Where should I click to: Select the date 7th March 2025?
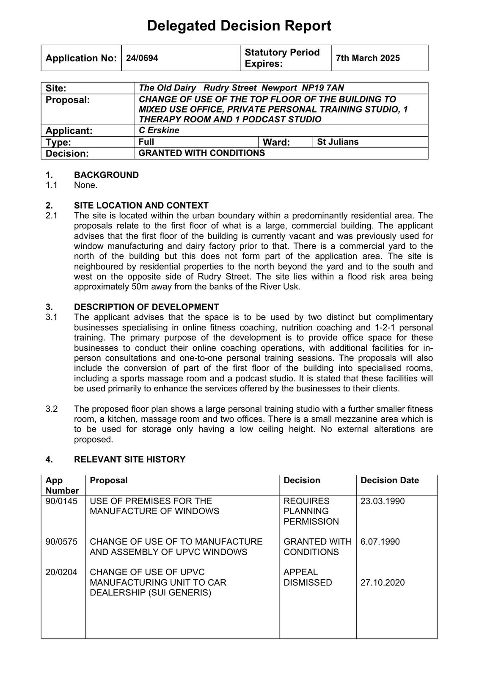368,58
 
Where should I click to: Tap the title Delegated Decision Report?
239,26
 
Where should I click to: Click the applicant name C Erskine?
159,130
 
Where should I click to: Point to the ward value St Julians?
338,142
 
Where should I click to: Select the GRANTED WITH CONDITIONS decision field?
201,153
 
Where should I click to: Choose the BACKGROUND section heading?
106,175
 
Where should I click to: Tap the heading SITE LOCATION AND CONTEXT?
141,205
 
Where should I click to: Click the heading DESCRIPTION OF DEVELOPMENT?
146,307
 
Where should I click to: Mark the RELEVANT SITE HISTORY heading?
129,459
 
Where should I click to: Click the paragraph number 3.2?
52,409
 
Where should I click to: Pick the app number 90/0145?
62,501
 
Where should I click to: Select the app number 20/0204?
62,572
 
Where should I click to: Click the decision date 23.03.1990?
383,501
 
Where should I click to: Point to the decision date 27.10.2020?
383,582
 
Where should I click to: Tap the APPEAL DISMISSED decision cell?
308,577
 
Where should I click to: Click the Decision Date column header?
389,480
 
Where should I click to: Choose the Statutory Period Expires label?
282,58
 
